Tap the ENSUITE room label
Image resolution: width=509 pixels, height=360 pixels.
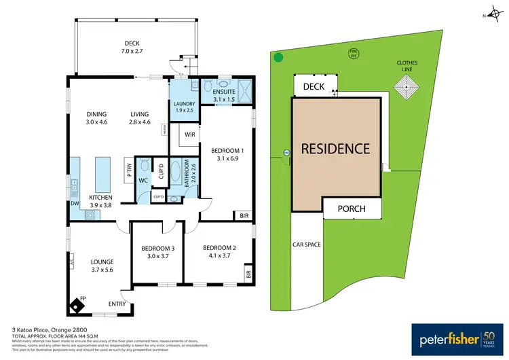point(223,92)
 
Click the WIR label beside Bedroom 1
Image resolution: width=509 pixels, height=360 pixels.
point(191,134)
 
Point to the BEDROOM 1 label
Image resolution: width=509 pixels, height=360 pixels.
point(227,150)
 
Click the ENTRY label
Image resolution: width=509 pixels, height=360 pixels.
point(117,304)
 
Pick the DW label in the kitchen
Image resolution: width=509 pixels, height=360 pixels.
point(75,203)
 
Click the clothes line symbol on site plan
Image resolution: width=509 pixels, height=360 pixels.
point(408,87)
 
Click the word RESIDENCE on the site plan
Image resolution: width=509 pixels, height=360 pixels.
point(335,148)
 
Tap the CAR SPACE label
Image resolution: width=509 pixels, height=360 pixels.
point(307,245)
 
